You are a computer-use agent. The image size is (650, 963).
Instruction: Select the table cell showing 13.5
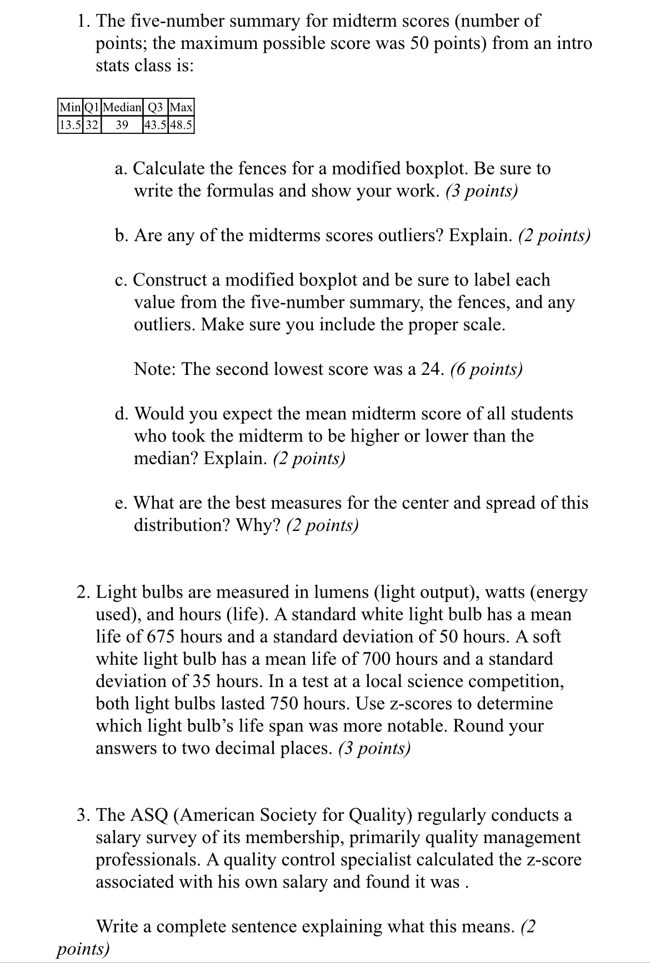70,124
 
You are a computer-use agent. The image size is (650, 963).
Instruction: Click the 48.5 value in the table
181,124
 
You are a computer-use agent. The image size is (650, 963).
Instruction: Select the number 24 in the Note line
433,369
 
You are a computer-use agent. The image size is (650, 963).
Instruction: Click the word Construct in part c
174,280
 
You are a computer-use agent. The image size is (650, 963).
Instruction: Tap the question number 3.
82,815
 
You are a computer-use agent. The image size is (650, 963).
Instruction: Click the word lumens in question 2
342,592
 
